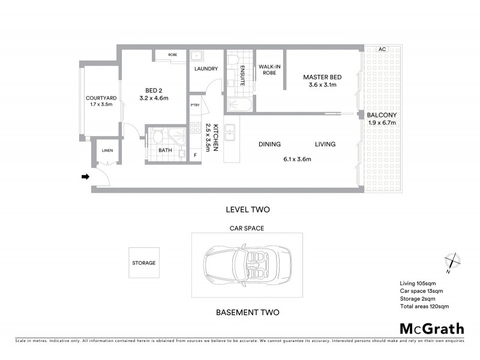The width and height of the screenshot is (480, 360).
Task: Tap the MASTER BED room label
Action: tap(322, 77)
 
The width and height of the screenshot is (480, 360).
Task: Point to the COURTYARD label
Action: tap(100, 98)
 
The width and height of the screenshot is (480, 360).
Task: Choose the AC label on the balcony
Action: tap(381, 50)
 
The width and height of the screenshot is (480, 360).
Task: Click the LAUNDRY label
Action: tap(206, 69)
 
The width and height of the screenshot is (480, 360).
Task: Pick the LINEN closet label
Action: tap(107, 151)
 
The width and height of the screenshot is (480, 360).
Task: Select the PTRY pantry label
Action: tap(195, 106)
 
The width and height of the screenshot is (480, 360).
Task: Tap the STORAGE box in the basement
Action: tap(144, 263)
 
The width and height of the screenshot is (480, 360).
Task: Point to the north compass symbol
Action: tap(451, 261)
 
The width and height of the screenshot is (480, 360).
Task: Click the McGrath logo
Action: tap(431, 328)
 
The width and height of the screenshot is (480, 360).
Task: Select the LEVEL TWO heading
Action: tap(247, 210)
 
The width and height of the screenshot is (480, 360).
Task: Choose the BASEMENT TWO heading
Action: tap(247, 313)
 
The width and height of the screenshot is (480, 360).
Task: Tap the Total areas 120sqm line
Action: tap(424, 307)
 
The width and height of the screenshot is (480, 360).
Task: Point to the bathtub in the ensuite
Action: tap(241, 106)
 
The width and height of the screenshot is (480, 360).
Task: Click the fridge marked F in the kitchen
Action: tap(195, 155)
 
